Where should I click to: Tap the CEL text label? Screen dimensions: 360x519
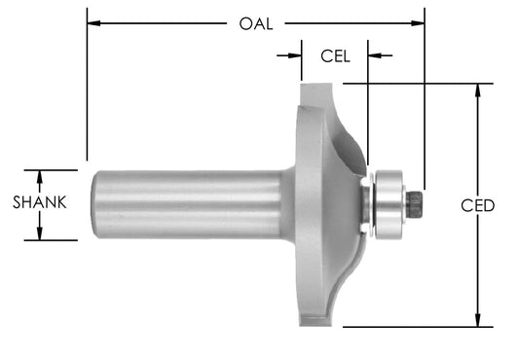click(335, 55)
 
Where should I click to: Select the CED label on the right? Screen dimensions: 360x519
click(479, 205)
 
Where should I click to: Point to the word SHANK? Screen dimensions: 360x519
click(39, 203)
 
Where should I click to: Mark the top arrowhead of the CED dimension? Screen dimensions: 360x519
click(477, 90)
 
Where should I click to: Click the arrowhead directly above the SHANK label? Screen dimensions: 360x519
click(39, 176)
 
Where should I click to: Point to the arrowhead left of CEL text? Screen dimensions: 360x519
click(296, 55)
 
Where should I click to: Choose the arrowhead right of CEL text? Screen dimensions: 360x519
click(373, 55)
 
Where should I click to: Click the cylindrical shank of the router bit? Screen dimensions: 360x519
click(185, 204)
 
